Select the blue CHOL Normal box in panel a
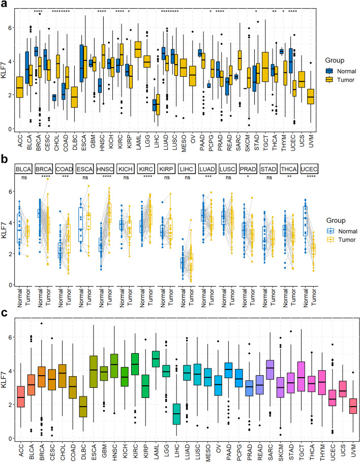(x=54, y=98)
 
